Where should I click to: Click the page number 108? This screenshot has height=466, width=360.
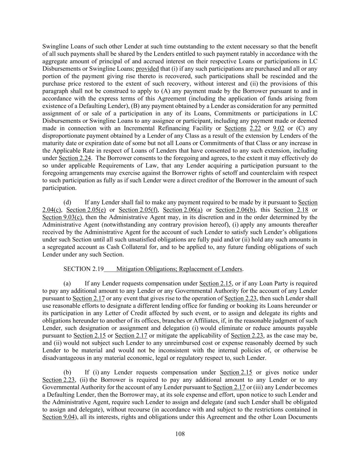pyautogui.click(x=180, y=434)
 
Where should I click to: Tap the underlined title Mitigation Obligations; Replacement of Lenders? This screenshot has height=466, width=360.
pyautogui.click(x=179, y=269)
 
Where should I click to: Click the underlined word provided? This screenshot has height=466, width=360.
pyautogui.click(x=147, y=69)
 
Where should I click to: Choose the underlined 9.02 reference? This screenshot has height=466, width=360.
pyautogui.click(x=278, y=128)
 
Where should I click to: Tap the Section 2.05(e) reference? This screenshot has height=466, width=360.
pyautogui.click(x=86, y=210)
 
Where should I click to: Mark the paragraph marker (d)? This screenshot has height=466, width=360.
pyautogui.click(x=67, y=202)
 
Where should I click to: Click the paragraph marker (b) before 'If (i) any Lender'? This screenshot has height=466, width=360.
pyautogui.click(x=67, y=372)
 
